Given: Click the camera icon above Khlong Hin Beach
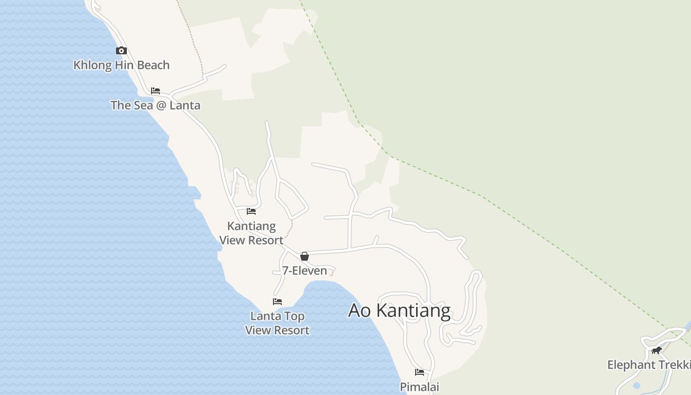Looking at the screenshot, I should [x=121, y=50].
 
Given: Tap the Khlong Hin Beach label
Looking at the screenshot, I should [x=121, y=65].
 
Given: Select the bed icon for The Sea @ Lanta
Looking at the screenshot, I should [x=155, y=91].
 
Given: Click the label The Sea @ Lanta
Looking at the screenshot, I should [x=155, y=105].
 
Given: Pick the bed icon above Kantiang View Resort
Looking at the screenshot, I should [x=251, y=211].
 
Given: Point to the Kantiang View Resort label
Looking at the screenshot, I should [x=251, y=233].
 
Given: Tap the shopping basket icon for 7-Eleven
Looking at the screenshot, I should [x=305, y=256].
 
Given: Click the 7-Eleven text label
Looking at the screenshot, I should [x=305, y=271].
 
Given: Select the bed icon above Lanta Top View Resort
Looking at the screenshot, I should [x=277, y=302].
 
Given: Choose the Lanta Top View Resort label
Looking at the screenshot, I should [x=277, y=323].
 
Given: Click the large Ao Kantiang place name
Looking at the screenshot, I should [x=399, y=311].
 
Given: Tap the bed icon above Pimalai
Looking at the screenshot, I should [x=420, y=372].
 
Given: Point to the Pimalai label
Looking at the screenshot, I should [x=420, y=387].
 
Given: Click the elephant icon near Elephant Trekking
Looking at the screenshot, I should [x=656, y=351].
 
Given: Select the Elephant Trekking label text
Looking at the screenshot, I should [x=649, y=365].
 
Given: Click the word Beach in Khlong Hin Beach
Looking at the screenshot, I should [x=153, y=65].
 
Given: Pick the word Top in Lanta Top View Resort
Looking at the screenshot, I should [x=295, y=316].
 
